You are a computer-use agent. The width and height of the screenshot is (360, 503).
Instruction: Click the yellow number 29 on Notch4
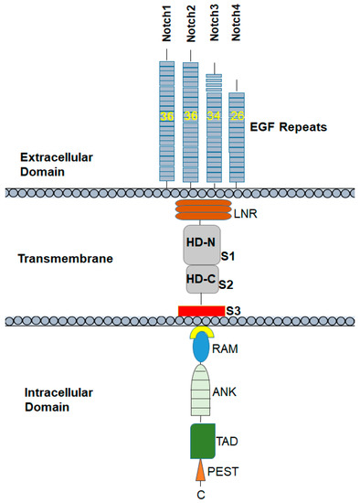pyautogui.click(x=237, y=116)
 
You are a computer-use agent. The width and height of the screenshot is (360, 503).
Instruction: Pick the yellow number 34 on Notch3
pyautogui.click(x=213, y=116)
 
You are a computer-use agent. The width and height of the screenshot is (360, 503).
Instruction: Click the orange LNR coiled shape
pyautogui.click(x=200, y=211)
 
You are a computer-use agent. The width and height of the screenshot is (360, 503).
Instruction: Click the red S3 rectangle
pyautogui.click(x=200, y=311)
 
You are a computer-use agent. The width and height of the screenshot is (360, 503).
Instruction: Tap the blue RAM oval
pyautogui.click(x=200, y=350)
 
